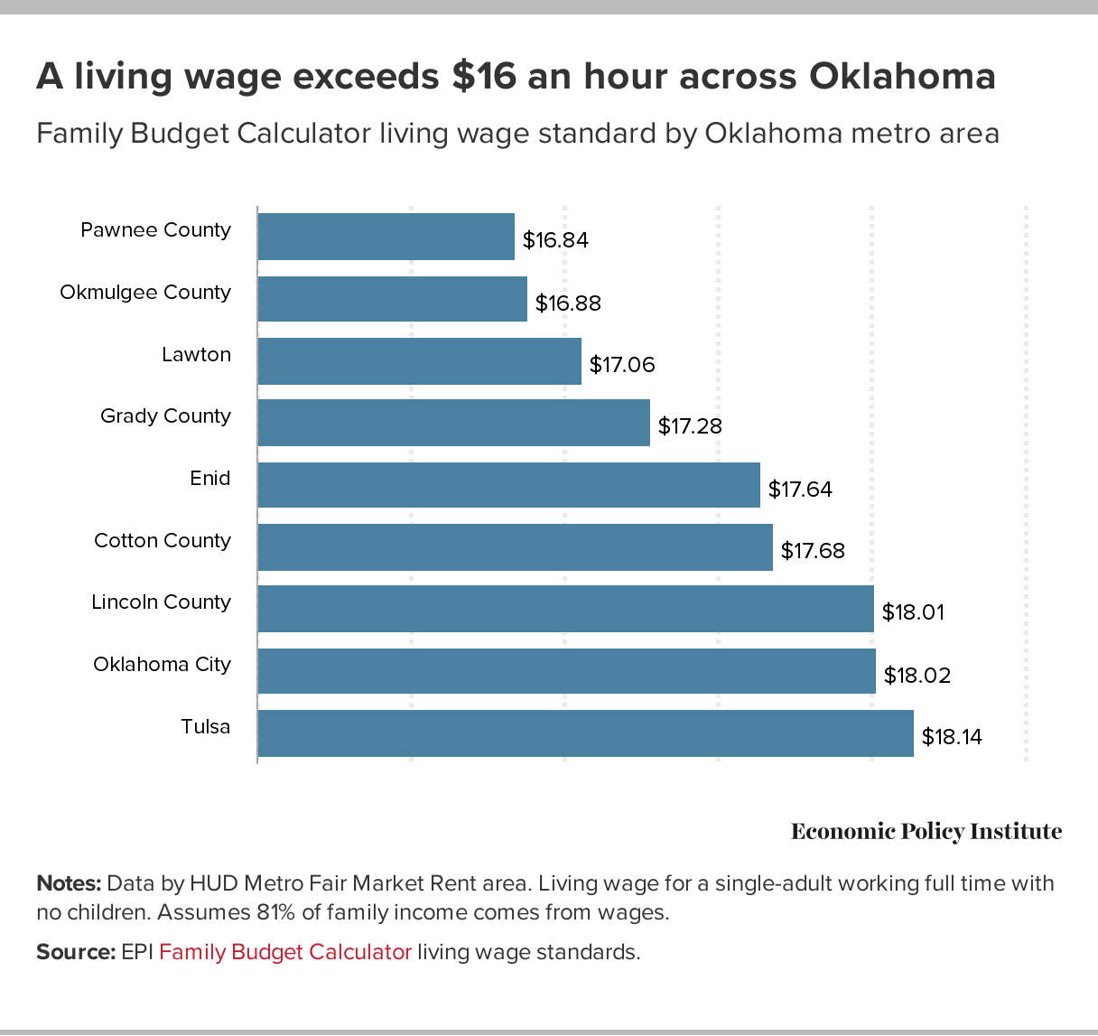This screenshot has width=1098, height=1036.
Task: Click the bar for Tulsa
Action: (585, 733)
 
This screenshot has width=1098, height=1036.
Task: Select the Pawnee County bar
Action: (386, 237)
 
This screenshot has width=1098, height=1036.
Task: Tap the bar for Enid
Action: (508, 485)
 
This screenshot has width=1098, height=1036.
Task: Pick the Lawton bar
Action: (419, 361)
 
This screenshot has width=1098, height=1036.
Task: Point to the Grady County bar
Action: (453, 423)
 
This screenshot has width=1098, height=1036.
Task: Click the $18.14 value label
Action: (952, 737)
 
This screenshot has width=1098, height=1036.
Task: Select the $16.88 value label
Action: (568, 303)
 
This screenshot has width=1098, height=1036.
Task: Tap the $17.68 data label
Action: (813, 551)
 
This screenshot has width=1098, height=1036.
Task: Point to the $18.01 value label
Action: (913, 612)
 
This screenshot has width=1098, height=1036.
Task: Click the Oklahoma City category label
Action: (163, 665)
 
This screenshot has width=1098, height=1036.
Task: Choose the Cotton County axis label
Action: (163, 540)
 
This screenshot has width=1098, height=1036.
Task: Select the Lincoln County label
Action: (162, 602)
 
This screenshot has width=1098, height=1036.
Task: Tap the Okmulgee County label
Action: (145, 293)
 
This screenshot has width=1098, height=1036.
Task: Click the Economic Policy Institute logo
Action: (926, 832)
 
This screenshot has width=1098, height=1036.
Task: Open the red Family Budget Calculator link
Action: (285, 952)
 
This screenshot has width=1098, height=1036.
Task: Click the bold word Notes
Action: (69, 883)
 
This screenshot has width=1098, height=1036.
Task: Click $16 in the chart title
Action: (483, 77)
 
